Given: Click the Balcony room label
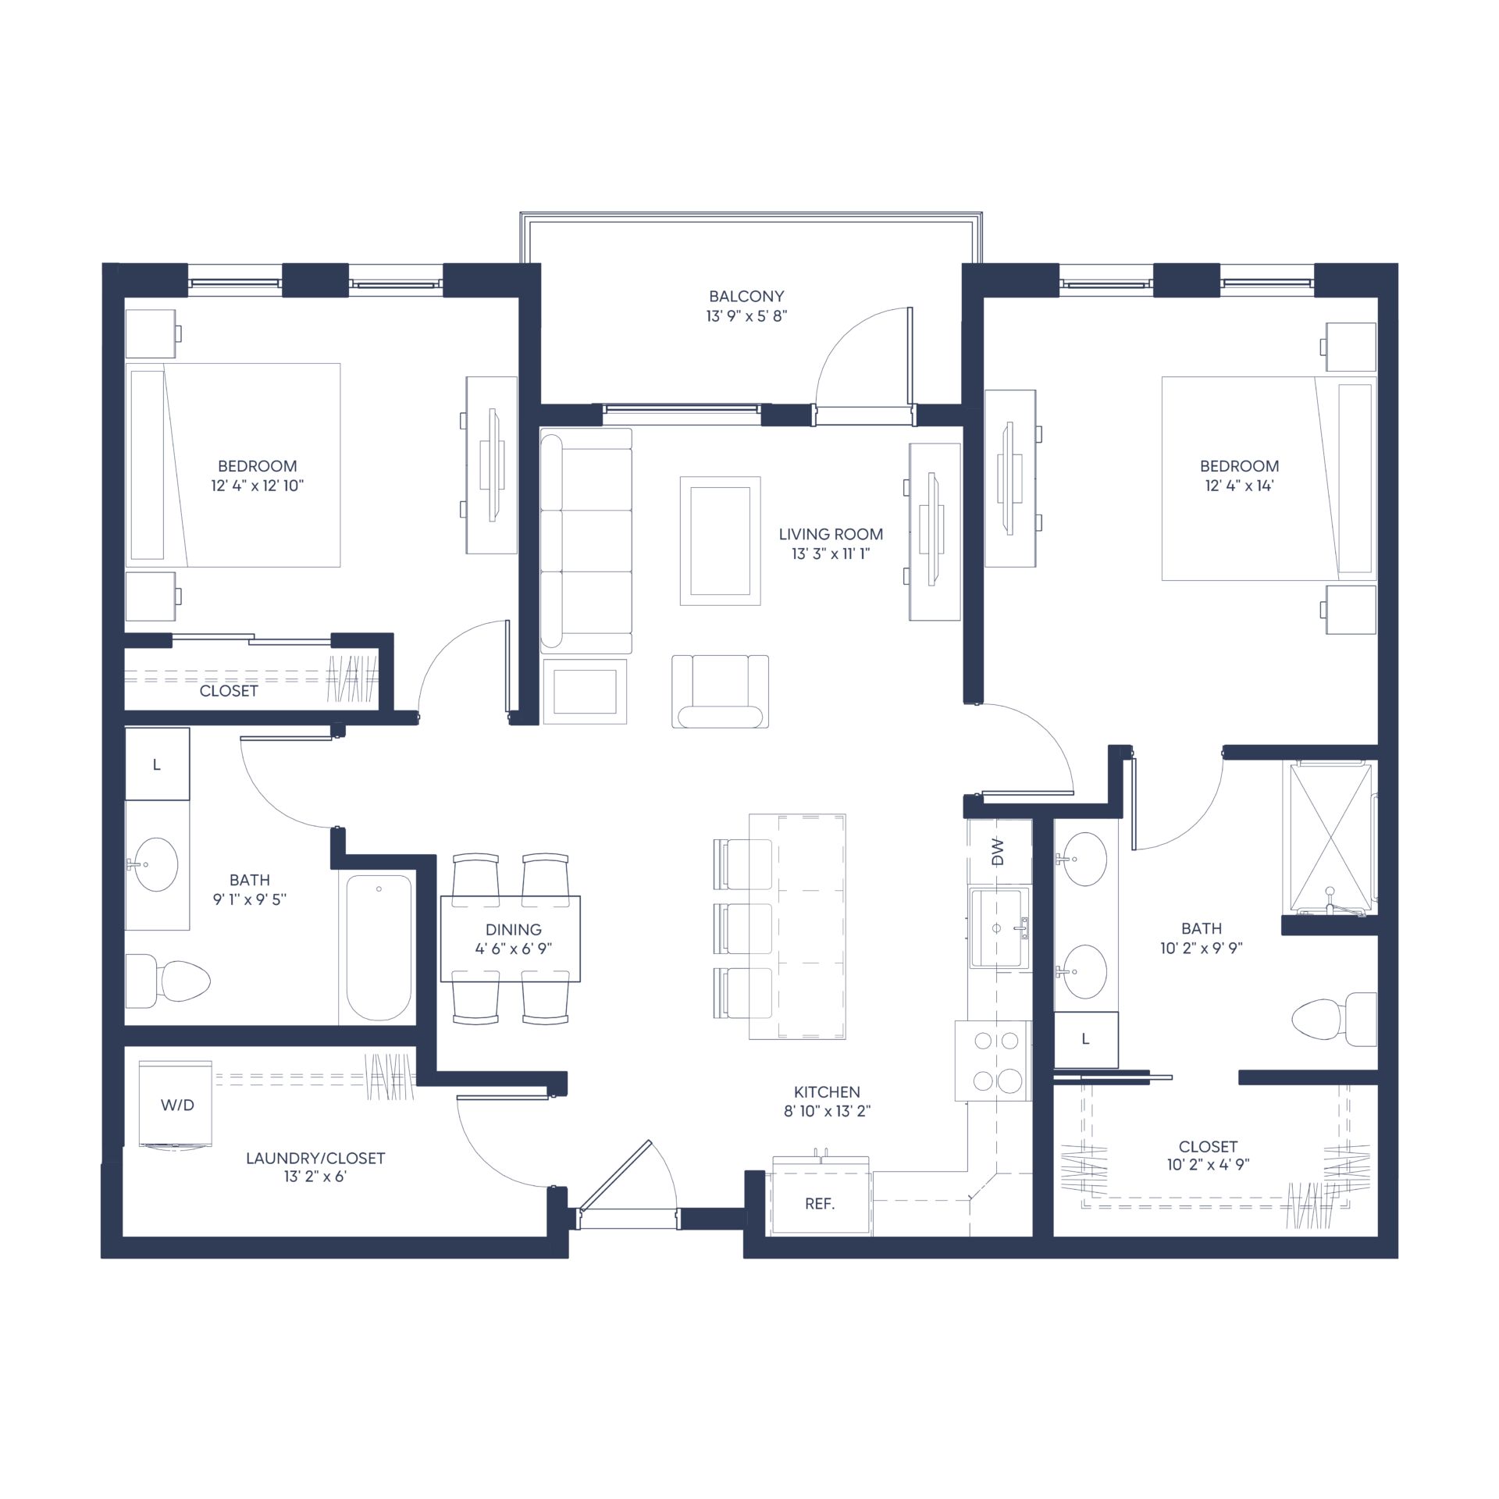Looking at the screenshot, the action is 746,297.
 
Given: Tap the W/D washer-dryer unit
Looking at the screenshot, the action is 176,1103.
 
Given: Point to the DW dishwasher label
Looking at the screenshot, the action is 997,852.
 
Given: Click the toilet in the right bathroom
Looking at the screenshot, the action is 1334,1019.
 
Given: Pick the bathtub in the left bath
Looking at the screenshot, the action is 379,947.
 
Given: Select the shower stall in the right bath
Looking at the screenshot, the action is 1330,836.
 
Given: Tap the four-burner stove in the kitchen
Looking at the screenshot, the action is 993,1060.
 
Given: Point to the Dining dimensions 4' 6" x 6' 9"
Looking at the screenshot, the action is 513,949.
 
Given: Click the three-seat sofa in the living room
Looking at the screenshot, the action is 586,541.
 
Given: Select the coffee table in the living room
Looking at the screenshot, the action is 720,541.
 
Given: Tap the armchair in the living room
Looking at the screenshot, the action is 720,692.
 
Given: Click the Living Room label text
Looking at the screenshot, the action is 831,535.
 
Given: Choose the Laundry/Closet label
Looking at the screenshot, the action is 315,1159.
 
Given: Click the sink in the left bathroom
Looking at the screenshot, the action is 156,864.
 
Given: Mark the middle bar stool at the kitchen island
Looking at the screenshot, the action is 742,929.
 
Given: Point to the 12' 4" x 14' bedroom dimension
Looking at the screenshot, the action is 1239,486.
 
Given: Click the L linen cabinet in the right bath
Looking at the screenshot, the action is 1086,1040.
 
